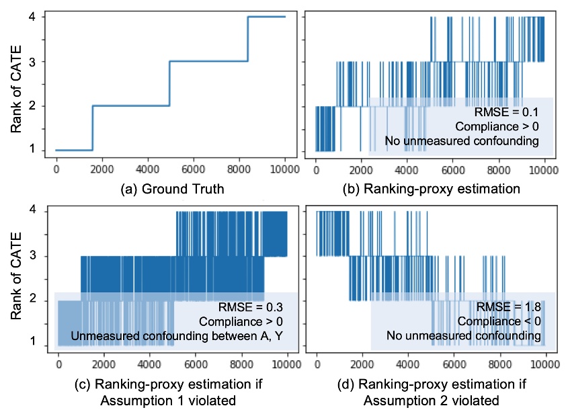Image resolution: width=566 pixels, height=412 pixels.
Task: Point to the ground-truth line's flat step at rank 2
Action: tap(130, 106)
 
